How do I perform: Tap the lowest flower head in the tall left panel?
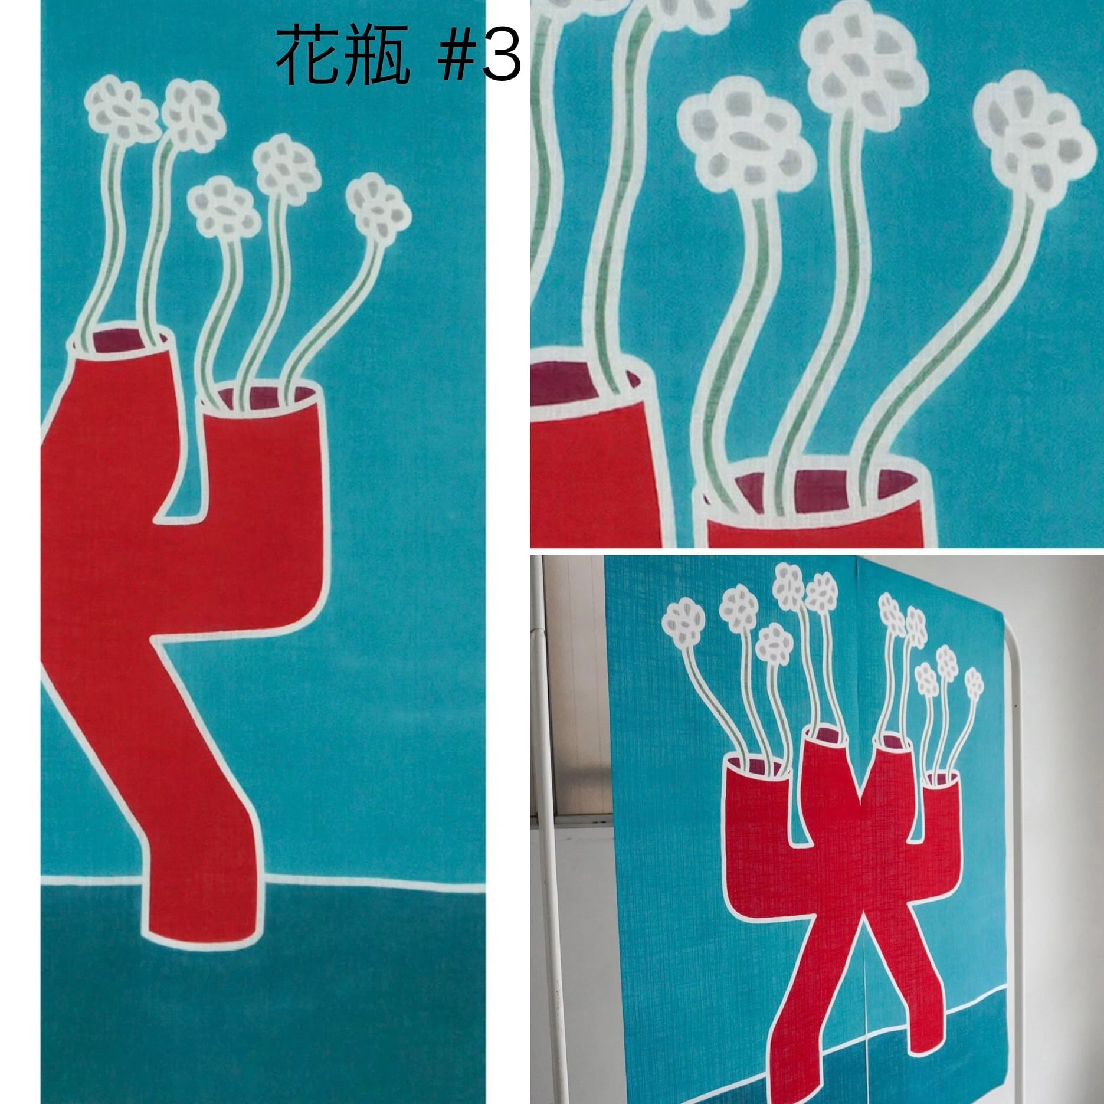(x=223, y=208)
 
